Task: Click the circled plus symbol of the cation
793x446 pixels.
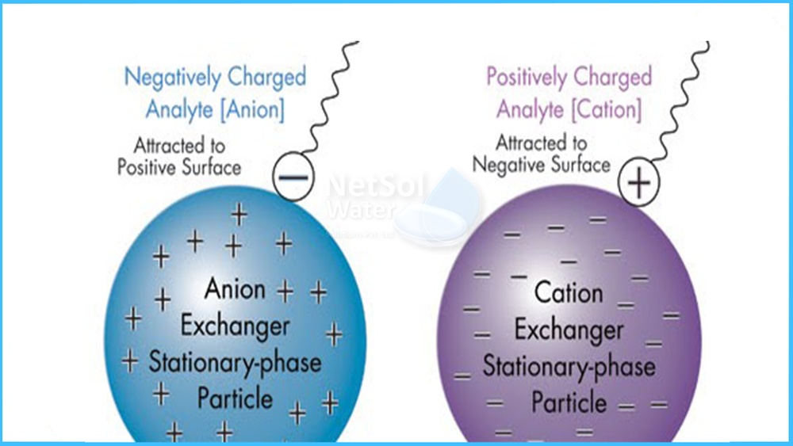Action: (639, 184)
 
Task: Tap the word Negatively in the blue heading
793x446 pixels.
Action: (172, 78)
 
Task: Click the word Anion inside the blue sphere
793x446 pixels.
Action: (235, 289)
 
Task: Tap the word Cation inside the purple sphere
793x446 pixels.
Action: (569, 292)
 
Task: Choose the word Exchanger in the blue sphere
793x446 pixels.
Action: (235, 326)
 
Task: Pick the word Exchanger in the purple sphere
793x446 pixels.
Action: (569, 330)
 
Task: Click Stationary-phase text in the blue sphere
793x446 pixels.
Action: (235, 362)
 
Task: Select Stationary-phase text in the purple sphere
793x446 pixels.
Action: (569, 366)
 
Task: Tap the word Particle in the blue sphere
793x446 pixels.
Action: (235, 398)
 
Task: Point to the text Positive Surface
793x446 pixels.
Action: (179, 167)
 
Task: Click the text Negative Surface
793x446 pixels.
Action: (542, 164)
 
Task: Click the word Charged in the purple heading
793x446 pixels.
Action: (613, 78)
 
